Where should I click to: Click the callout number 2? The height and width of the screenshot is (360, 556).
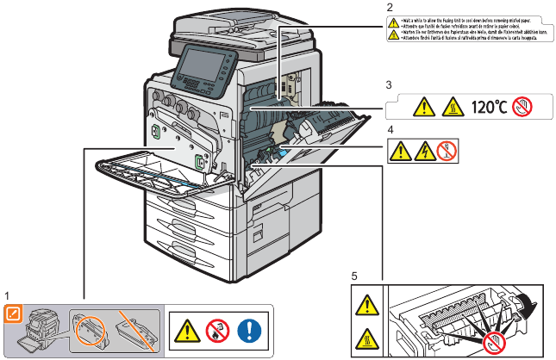pyautogui.click(x=390, y=7)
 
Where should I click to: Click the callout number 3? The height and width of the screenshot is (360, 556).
pyautogui.click(x=390, y=85)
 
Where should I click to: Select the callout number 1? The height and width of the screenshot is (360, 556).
pyautogui.click(x=7, y=295)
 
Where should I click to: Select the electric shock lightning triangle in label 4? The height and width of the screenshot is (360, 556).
pyautogui.click(x=423, y=152)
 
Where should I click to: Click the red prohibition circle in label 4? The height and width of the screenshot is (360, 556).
pyautogui.click(x=446, y=152)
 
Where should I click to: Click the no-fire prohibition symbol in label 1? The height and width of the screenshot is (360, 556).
pyautogui.click(x=216, y=330)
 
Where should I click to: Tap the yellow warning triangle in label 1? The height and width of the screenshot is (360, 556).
pyautogui.click(x=186, y=330)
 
